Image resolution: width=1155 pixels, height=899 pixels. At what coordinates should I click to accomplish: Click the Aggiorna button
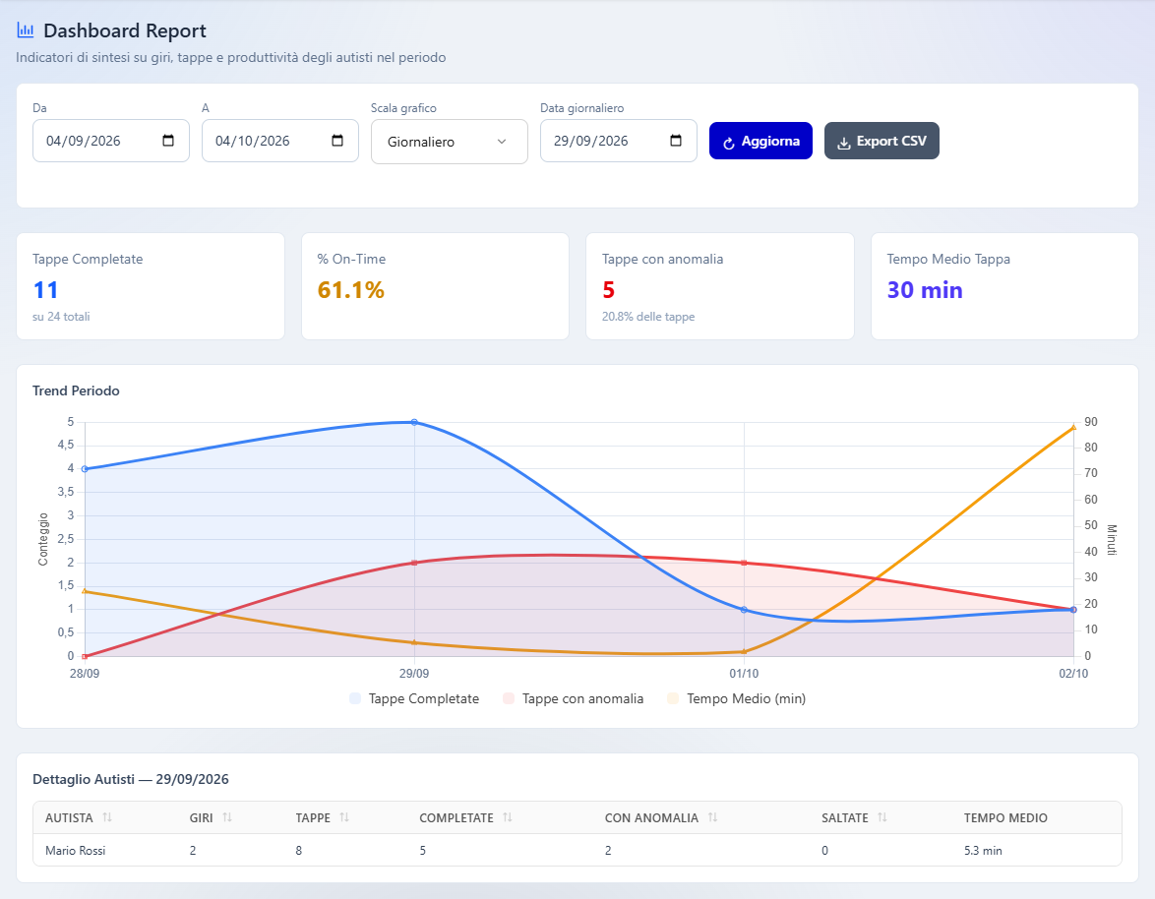[x=760, y=141]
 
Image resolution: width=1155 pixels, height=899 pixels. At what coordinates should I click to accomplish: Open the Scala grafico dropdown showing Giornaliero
[x=450, y=142]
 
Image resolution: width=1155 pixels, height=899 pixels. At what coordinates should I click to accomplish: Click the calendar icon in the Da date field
[x=168, y=141]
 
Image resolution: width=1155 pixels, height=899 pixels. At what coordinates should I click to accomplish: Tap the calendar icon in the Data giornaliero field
[x=676, y=141]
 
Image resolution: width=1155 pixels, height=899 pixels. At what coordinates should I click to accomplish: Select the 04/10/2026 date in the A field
[x=253, y=141]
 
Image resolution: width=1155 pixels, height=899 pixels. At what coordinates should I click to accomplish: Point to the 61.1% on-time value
[x=350, y=290]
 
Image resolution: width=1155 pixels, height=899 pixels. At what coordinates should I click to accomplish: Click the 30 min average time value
[x=925, y=290]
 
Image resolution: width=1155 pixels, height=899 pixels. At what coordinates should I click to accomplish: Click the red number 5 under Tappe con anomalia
[x=608, y=290]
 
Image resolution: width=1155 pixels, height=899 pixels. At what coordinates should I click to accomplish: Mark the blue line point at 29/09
[x=414, y=422]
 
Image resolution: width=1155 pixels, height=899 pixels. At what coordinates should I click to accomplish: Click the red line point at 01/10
[x=744, y=564]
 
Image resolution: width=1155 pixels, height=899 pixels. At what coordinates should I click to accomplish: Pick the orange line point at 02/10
[x=1073, y=427]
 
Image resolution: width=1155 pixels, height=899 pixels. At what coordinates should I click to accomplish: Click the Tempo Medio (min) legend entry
[x=736, y=698]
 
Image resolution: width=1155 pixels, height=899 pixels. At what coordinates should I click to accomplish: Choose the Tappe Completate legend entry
[x=414, y=698]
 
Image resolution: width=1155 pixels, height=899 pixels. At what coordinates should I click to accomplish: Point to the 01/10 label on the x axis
[x=744, y=674]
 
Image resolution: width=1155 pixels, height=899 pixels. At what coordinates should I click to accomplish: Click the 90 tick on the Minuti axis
[x=1091, y=422]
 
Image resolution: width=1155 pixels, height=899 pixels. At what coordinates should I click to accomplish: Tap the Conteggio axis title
[x=42, y=539]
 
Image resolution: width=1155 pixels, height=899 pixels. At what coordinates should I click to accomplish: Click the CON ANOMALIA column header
[x=651, y=818]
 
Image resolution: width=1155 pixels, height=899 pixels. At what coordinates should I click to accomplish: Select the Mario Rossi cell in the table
[x=75, y=851]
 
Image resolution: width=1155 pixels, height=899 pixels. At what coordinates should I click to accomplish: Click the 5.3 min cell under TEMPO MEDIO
[x=983, y=851]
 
